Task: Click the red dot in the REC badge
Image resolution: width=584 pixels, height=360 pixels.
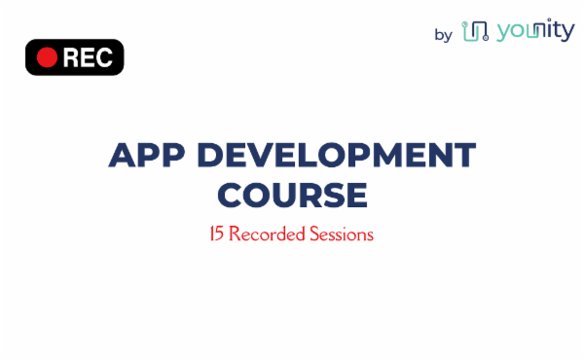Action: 46,57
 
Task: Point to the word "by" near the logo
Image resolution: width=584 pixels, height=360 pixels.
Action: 444,35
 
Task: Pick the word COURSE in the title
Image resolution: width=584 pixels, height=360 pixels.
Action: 292,195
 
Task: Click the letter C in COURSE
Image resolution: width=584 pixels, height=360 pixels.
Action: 230,195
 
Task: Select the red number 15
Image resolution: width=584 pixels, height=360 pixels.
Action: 217,234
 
